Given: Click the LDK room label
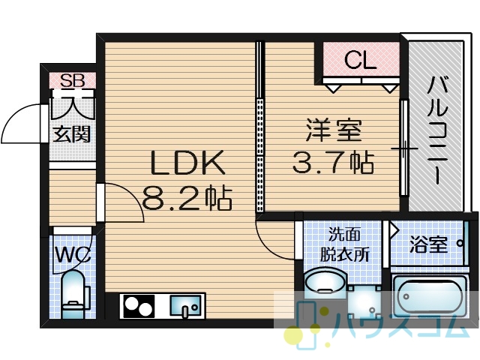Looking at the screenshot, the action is click(188, 163).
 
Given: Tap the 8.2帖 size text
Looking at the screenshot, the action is click(187, 198).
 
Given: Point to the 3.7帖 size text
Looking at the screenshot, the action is click(333, 162).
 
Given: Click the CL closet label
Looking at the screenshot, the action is click(360, 60).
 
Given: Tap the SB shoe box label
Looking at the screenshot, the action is click(73, 80).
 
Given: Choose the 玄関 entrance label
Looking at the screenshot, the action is click(72, 134).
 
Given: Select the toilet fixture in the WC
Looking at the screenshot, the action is click(73, 293).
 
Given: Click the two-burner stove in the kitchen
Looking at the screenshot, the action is click(139, 307).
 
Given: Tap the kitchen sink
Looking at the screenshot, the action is click(185, 305).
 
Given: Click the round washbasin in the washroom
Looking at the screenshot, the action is click(325, 283).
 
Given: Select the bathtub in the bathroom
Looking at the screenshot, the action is click(430, 296).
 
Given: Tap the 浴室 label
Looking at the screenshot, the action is click(428, 244).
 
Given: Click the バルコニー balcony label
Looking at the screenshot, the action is click(437, 130).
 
